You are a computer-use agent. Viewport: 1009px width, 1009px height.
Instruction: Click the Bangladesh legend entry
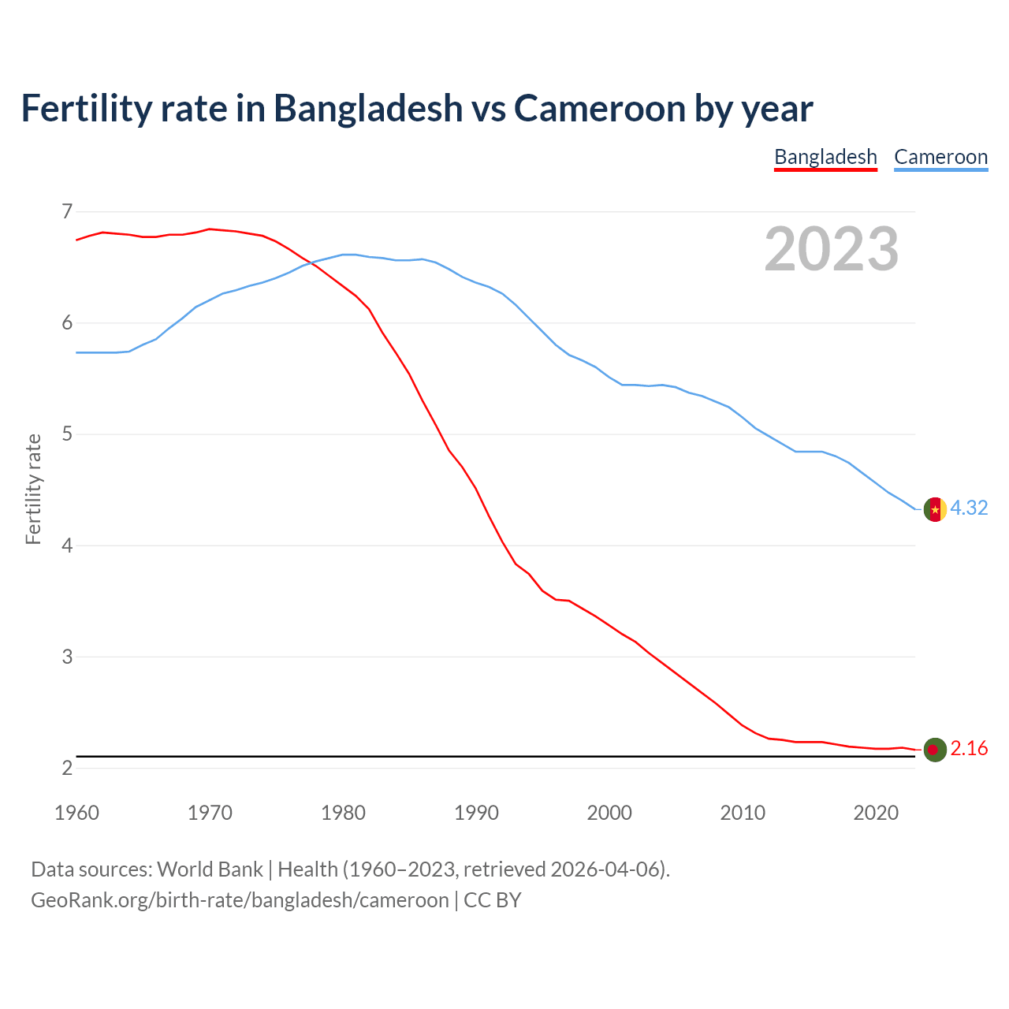[x=825, y=157]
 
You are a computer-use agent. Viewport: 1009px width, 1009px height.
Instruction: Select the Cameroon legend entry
[x=940, y=157]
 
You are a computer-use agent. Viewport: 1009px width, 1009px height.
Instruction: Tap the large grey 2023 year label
[x=832, y=249]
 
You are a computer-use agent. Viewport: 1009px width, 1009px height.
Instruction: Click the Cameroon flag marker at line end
[x=935, y=509]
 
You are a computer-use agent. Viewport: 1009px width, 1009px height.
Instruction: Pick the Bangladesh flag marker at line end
[x=935, y=750]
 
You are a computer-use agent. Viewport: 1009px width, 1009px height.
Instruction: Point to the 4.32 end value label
[x=969, y=508]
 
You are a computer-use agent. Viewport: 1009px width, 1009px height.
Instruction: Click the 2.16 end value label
[x=969, y=749]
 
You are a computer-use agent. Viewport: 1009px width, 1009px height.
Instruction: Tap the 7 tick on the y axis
[x=67, y=211]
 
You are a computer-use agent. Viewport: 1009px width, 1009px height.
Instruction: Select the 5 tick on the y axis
[x=67, y=434]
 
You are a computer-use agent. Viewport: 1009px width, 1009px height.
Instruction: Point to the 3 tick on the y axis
[x=67, y=657]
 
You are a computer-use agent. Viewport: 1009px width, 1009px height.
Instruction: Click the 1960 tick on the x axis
[x=76, y=813]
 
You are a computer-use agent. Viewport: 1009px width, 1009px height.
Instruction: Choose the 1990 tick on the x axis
[x=476, y=813]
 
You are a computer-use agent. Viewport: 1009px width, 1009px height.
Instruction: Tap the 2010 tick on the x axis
[x=743, y=813]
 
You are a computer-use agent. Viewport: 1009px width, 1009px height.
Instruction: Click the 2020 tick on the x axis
[x=876, y=813]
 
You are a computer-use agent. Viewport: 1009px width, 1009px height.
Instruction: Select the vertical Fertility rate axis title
[x=33, y=489]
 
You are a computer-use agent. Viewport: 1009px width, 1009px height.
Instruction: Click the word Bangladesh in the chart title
[x=368, y=109]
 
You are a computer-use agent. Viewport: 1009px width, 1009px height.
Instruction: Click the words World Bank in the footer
[x=210, y=869]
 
